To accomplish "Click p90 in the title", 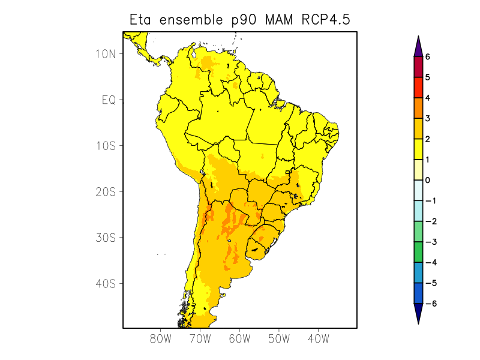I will click(244, 20).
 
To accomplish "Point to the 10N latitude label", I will click(106, 53).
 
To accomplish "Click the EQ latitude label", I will click(109, 100).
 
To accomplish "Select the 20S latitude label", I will click(106, 191).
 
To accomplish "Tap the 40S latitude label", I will click(106, 283).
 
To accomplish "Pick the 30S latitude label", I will click(106, 238).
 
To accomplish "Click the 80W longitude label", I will click(161, 338).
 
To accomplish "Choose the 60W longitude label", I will click(239, 338).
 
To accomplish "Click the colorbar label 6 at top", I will click(428, 57).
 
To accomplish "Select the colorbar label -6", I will click(429, 304).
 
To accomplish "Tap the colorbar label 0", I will click(428, 180).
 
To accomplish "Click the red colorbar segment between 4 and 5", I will click(418, 88).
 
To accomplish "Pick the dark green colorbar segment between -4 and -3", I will click(418, 252).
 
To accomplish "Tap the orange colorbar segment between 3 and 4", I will click(418, 108).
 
